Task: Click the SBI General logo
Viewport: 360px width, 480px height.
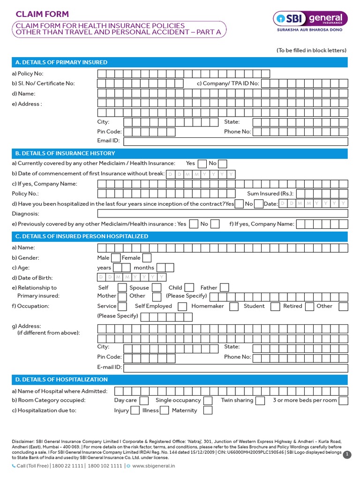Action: click(310, 21)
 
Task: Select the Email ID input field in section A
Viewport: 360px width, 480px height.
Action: click(235, 141)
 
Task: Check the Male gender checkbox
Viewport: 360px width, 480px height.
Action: click(115, 258)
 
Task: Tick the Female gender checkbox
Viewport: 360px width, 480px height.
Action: click(147, 258)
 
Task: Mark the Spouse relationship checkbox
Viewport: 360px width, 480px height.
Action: click(157, 288)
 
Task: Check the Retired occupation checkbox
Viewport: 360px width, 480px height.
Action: click(309, 307)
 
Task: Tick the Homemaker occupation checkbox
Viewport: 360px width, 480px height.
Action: click(232, 307)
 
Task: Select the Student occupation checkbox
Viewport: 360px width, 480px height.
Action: click(273, 307)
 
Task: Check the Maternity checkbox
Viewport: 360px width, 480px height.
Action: click(208, 411)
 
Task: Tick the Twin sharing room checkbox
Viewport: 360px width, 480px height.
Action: click(261, 401)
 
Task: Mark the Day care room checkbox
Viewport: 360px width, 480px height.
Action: click(144, 401)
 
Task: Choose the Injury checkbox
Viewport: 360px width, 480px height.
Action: click(135, 411)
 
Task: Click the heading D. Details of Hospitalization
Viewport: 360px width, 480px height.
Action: click(61, 379)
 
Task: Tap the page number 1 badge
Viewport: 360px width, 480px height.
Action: click(347, 455)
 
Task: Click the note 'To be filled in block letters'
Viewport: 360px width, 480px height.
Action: click(311, 50)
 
